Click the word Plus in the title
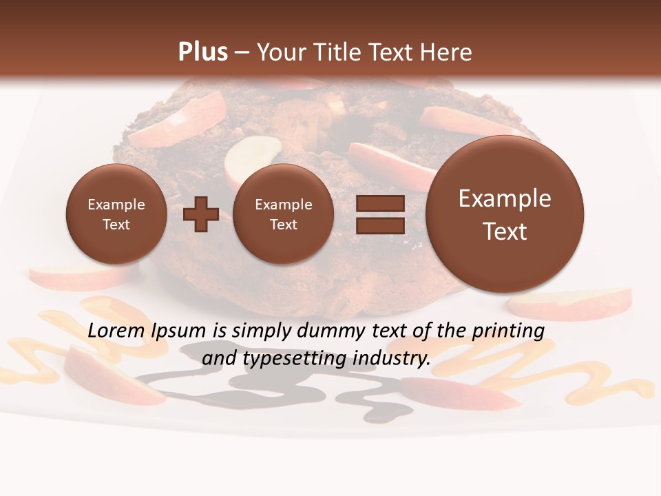202,52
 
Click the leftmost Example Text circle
116,214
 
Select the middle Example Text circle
284,214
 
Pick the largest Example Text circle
505,214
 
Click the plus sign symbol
201,214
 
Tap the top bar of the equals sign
380,203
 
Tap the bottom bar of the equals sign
380,225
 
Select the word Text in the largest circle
505,231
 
